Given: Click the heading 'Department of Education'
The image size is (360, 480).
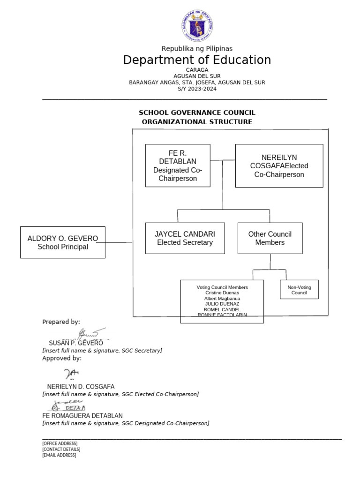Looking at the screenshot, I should [197, 60].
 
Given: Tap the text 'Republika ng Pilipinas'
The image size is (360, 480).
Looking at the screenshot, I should [197, 49].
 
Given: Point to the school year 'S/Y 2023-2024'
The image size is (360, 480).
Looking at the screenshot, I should [197, 89].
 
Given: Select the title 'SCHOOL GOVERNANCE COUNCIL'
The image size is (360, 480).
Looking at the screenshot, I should [197, 113].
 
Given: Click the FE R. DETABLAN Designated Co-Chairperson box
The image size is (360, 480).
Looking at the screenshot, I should [178, 165].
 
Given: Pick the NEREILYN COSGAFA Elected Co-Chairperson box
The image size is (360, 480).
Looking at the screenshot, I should [279, 165].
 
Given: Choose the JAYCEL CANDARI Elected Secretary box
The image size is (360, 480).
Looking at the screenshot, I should [185, 238].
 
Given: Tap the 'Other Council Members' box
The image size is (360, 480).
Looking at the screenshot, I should [270, 238].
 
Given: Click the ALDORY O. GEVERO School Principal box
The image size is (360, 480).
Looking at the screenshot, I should [63, 242].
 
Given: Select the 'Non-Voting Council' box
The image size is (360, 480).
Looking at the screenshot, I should [299, 290].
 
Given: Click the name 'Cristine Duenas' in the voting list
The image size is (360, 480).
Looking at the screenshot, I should [222, 292].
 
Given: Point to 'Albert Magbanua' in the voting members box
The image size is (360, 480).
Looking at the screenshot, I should [222, 298].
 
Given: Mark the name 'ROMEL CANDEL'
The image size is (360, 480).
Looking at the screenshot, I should [222, 310].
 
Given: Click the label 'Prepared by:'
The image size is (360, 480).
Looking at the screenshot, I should [61, 322].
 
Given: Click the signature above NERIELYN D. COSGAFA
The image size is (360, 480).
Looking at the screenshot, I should [71, 374].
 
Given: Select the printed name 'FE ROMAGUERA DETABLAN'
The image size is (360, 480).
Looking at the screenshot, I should [82, 416].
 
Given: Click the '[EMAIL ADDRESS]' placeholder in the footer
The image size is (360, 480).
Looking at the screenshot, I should [59, 455].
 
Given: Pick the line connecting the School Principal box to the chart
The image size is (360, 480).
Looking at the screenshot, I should [119, 242].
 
